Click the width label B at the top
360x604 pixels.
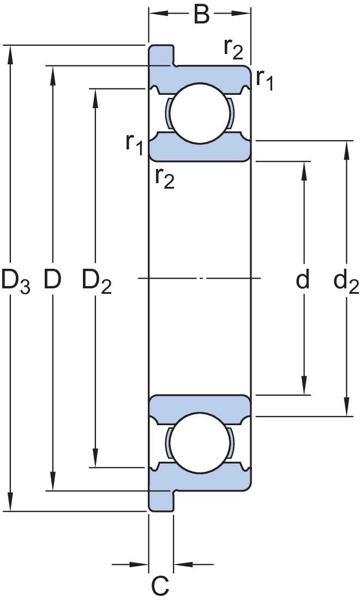201,14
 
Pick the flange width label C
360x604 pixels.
160,586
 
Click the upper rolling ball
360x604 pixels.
200,114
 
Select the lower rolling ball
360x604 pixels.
200,443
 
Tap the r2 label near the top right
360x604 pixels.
233,49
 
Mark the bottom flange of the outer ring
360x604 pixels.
161,502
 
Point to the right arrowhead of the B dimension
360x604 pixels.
241,14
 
